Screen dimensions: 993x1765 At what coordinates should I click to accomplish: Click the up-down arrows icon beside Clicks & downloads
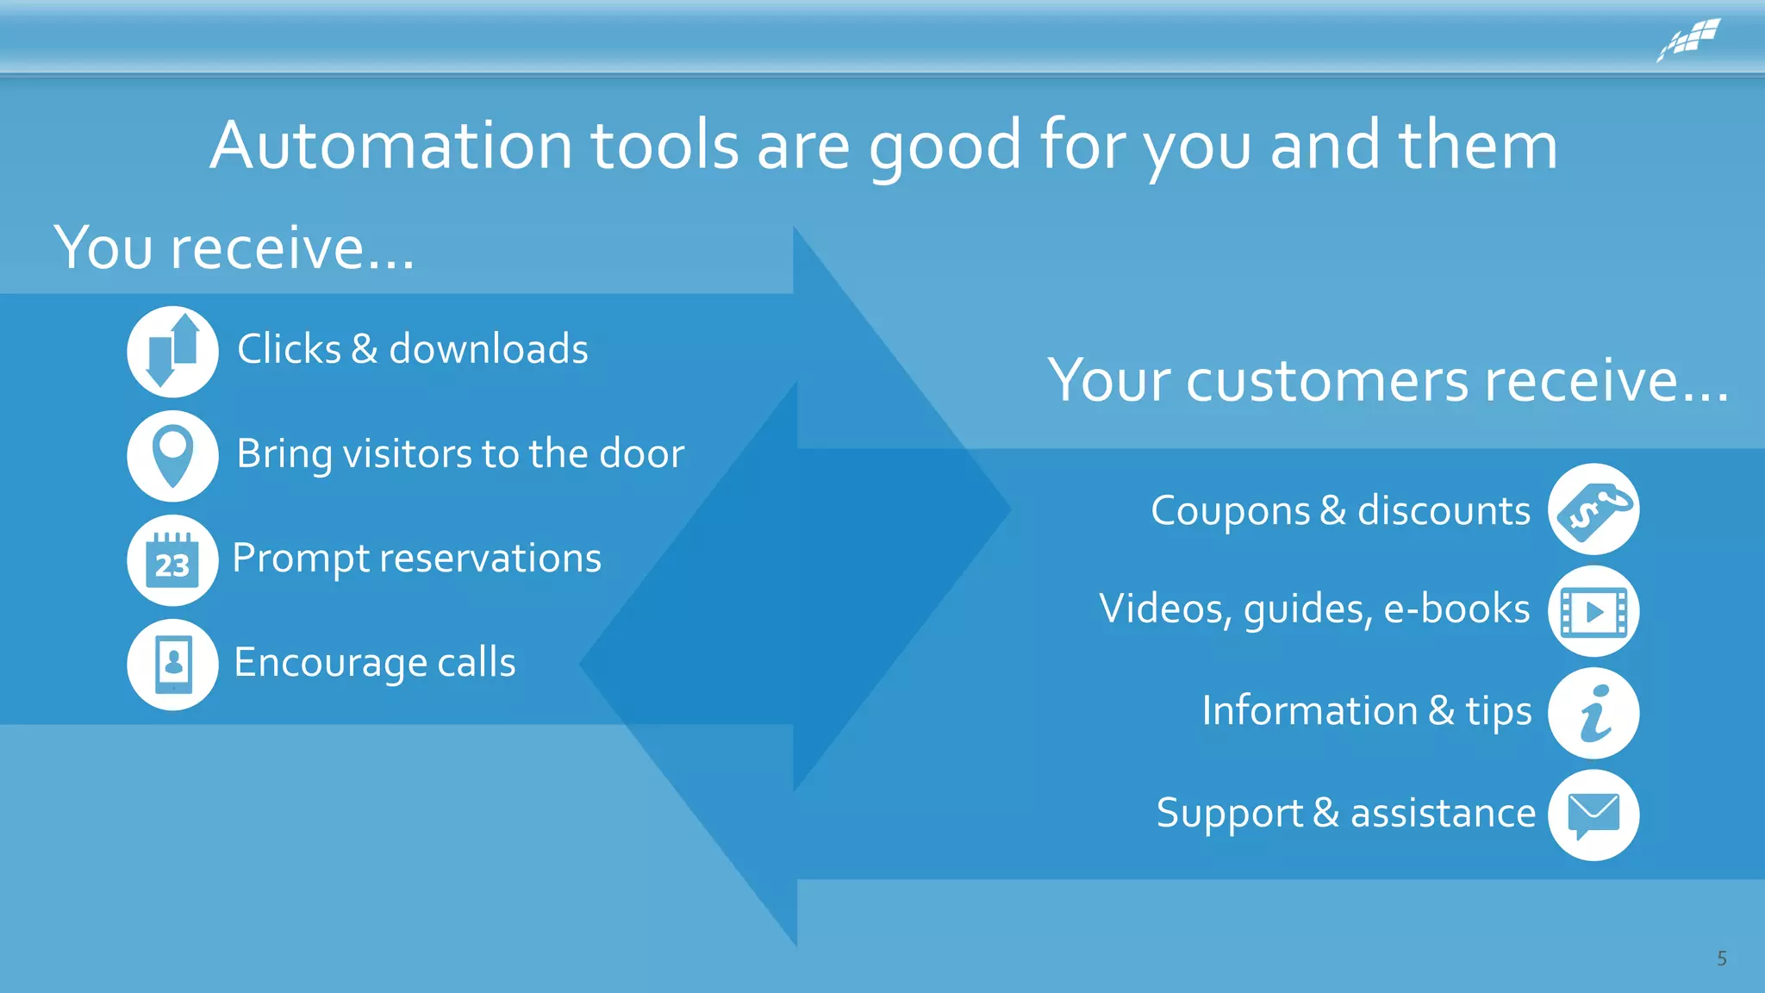tap(172, 351)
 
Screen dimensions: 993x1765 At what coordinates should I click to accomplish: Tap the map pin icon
tap(172, 455)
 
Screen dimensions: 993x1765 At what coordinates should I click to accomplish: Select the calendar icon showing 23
tap(172, 560)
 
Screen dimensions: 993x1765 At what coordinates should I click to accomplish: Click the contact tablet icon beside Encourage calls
tap(172, 665)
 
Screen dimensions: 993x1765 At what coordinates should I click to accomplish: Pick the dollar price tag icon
tap(1593, 509)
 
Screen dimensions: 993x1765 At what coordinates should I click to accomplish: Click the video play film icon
tap(1593, 611)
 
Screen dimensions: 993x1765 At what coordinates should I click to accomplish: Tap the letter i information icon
tap(1593, 713)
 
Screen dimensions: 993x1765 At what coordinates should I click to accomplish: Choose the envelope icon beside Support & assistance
tap(1593, 815)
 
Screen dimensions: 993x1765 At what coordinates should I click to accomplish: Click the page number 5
tap(1721, 959)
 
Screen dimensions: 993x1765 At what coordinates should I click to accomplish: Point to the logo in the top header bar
tap(1689, 40)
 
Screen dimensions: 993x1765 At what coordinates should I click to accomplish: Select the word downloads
tap(489, 349)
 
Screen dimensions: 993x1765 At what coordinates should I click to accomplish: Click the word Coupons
tap(1230, 511)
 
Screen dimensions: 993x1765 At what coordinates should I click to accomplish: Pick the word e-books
tap(1456, 609)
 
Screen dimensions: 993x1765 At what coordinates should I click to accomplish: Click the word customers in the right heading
tap(1327, 380)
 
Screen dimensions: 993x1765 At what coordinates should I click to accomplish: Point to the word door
tap(641, 453)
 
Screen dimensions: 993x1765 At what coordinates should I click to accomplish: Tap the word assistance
tap(1443, 813)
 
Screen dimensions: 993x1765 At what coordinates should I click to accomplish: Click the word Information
tap(1309, 711)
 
